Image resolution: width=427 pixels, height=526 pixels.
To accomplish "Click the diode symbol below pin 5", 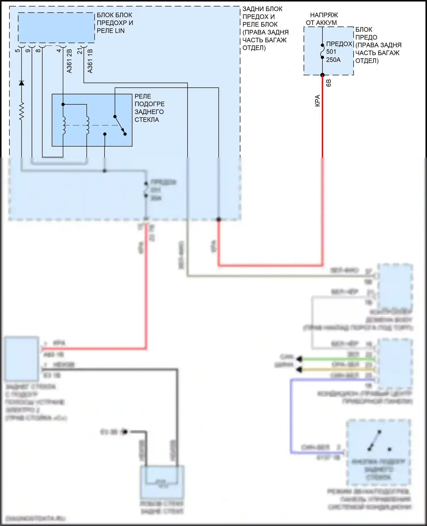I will [x=21, y=83].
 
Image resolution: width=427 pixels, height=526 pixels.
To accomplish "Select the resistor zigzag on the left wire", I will [x=21, y=111].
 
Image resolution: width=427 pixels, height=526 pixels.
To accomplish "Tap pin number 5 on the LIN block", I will [x=18, y=50].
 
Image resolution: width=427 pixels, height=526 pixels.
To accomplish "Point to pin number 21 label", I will [x=80, y=51].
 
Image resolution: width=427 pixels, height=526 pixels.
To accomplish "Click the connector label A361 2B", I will [x=69, y=61].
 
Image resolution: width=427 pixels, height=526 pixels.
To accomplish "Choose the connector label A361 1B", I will [x=90, y=61].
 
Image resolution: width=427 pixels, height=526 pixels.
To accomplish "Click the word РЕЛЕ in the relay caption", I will [x=143, y=96].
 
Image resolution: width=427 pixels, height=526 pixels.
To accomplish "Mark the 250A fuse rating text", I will [x=333, y=60].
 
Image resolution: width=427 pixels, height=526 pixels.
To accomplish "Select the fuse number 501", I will [x=331, y=52].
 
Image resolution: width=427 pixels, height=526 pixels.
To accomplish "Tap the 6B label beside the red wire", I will [x=329, y=83].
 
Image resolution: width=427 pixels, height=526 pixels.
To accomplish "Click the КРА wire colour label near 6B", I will [x=318, y=101].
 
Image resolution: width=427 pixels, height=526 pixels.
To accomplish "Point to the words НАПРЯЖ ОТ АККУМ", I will [x=322, y=19].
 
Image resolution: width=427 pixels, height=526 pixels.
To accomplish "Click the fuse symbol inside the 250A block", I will [x=323, y=51].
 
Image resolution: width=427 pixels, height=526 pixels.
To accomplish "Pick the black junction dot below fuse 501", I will [x=323, y=75].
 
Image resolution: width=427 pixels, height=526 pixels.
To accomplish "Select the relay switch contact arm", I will [x=120, y=125].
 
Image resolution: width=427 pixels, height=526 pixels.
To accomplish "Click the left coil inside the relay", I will [x=64, y=125].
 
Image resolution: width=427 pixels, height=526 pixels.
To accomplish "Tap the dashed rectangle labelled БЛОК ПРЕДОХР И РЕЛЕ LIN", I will [x=56, y=28].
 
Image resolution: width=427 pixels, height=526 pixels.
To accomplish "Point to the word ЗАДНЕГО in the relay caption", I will [x=149, y=112].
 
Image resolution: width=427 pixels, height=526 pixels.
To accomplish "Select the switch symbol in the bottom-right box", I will [x=375, y=441].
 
